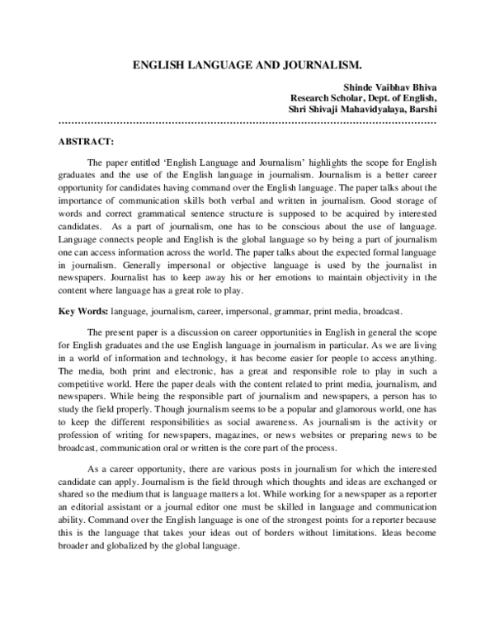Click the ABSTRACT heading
point(87,141)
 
